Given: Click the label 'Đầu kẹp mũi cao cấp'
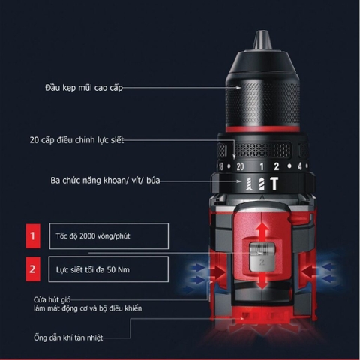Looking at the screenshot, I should [x=82, y=88].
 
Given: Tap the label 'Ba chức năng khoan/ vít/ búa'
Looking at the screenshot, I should [x=76, y=181].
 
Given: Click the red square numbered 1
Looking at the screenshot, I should [x=32, y=235].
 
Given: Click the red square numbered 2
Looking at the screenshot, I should [x=32, y=267].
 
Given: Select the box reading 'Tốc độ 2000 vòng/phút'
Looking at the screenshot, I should [x=107, y=235].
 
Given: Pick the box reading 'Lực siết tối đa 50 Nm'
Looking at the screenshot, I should [x=107, y=267].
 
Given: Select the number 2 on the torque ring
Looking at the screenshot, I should [x=276, y=166].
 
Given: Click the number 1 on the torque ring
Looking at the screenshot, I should [x=260, y=166].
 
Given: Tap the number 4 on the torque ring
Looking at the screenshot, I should [x=298, y=166].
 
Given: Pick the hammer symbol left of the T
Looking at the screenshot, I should [x=259, y=184].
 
